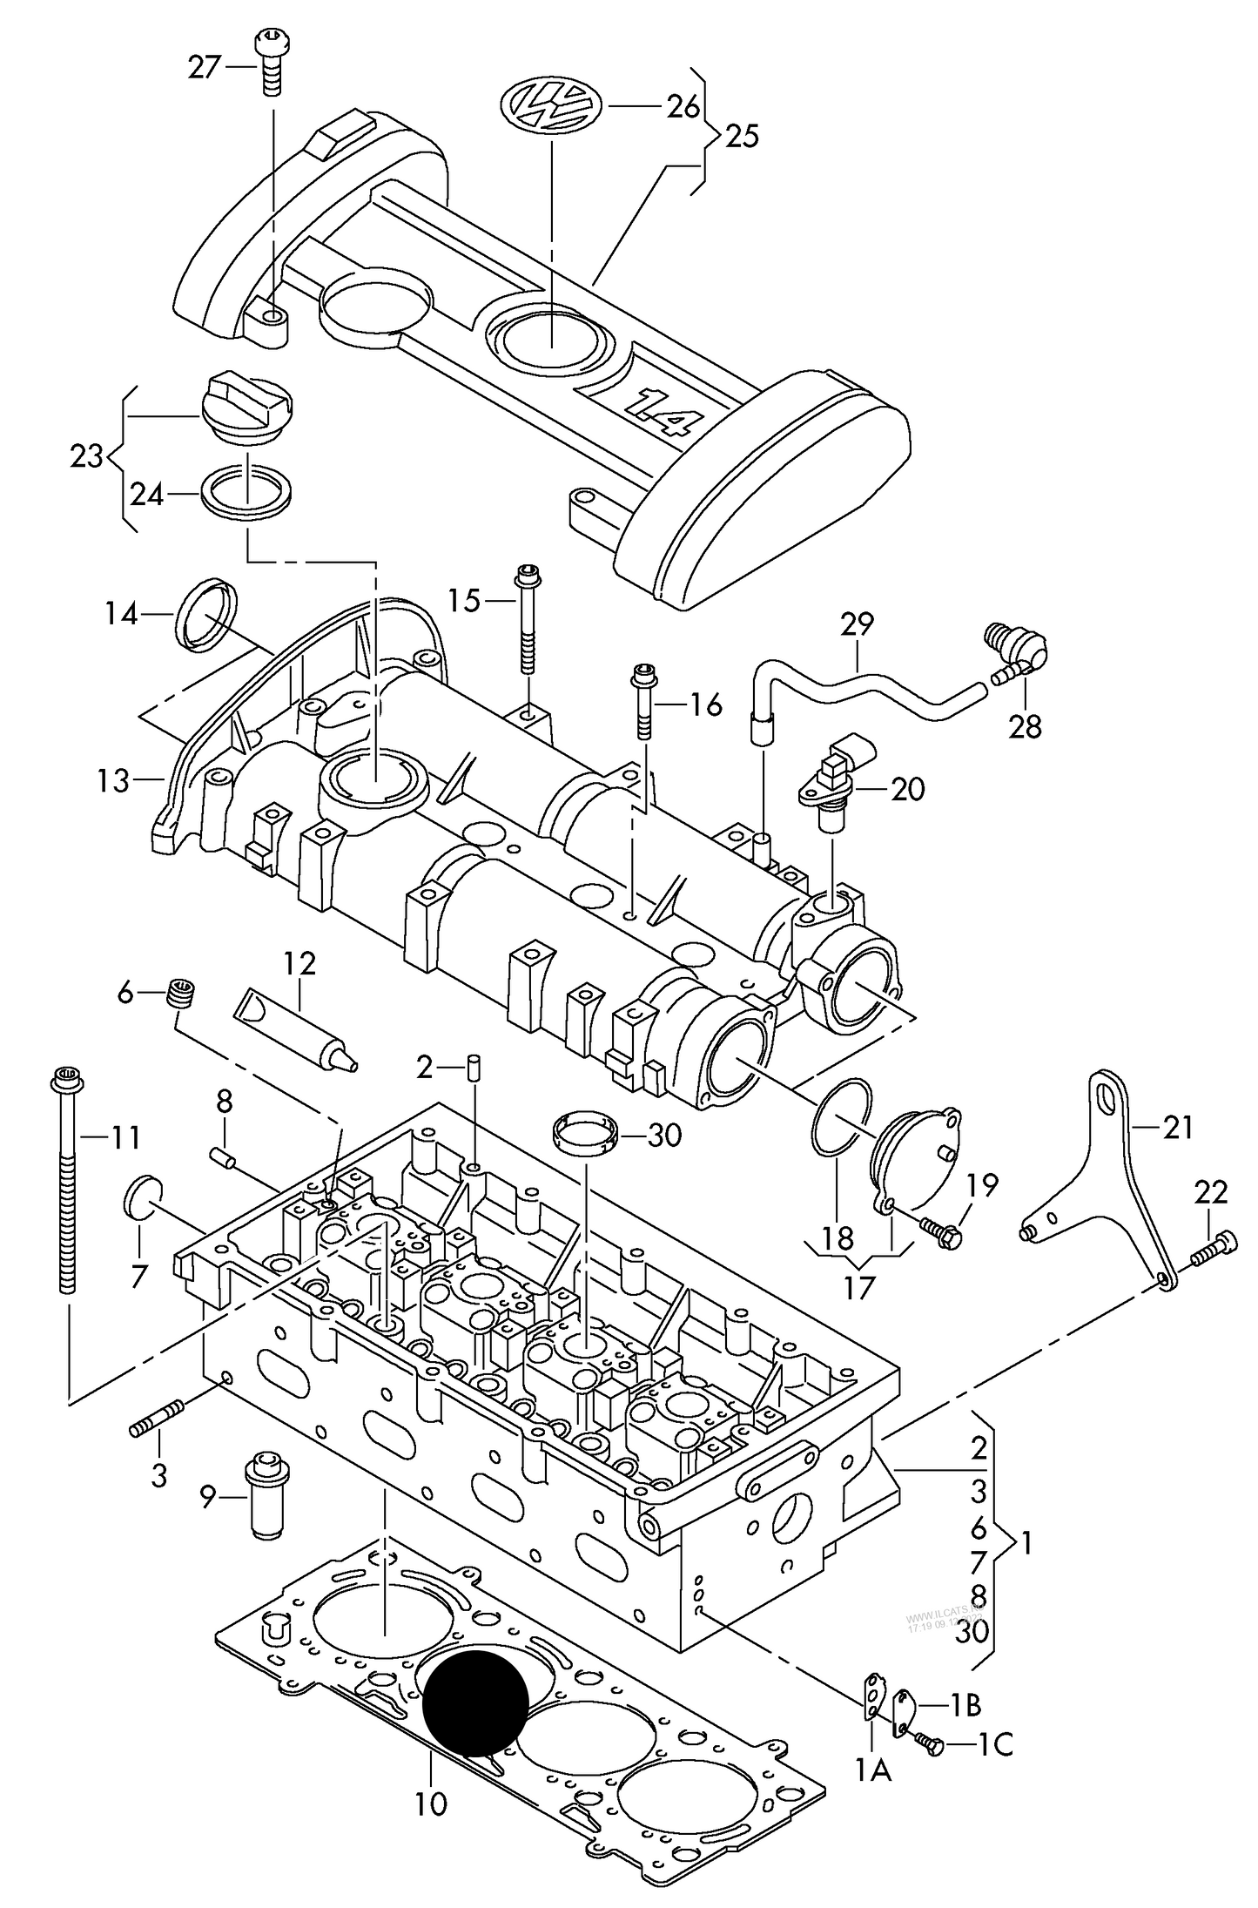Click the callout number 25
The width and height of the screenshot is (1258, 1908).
tap(741, 137)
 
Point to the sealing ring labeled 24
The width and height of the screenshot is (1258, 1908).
tap(246, 492)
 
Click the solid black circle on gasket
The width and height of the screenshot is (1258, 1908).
tap(475, 1696)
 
